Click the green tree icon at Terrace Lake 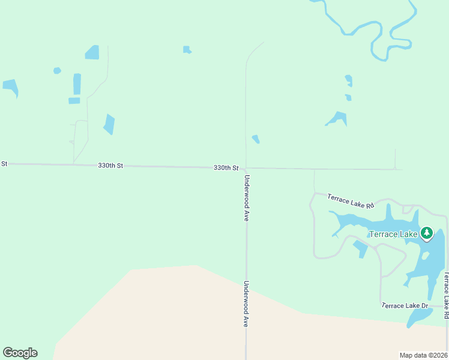coord(426,233)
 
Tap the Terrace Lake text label coord(393,234)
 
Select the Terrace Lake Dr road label coord(405,306)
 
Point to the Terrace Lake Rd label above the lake coord(351,200)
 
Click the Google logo coord(20,353)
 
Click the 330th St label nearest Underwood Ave coord(226,168)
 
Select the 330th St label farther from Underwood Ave coord(110,165)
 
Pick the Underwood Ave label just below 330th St coord(246,199)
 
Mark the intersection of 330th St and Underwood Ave coord(246,169)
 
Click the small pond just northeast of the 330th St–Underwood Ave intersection coord(256,139)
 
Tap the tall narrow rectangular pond coord(77,84)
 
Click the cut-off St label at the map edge coord(4,163)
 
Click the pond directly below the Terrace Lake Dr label coord(419,318)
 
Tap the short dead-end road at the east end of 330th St coord(396,158)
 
